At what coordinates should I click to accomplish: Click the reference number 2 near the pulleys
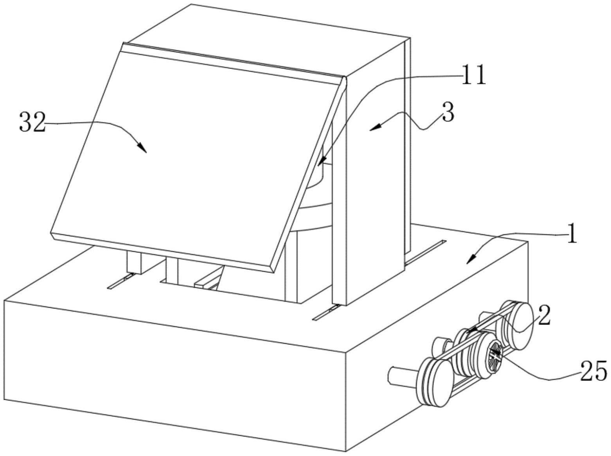click(x=544, y=315)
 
